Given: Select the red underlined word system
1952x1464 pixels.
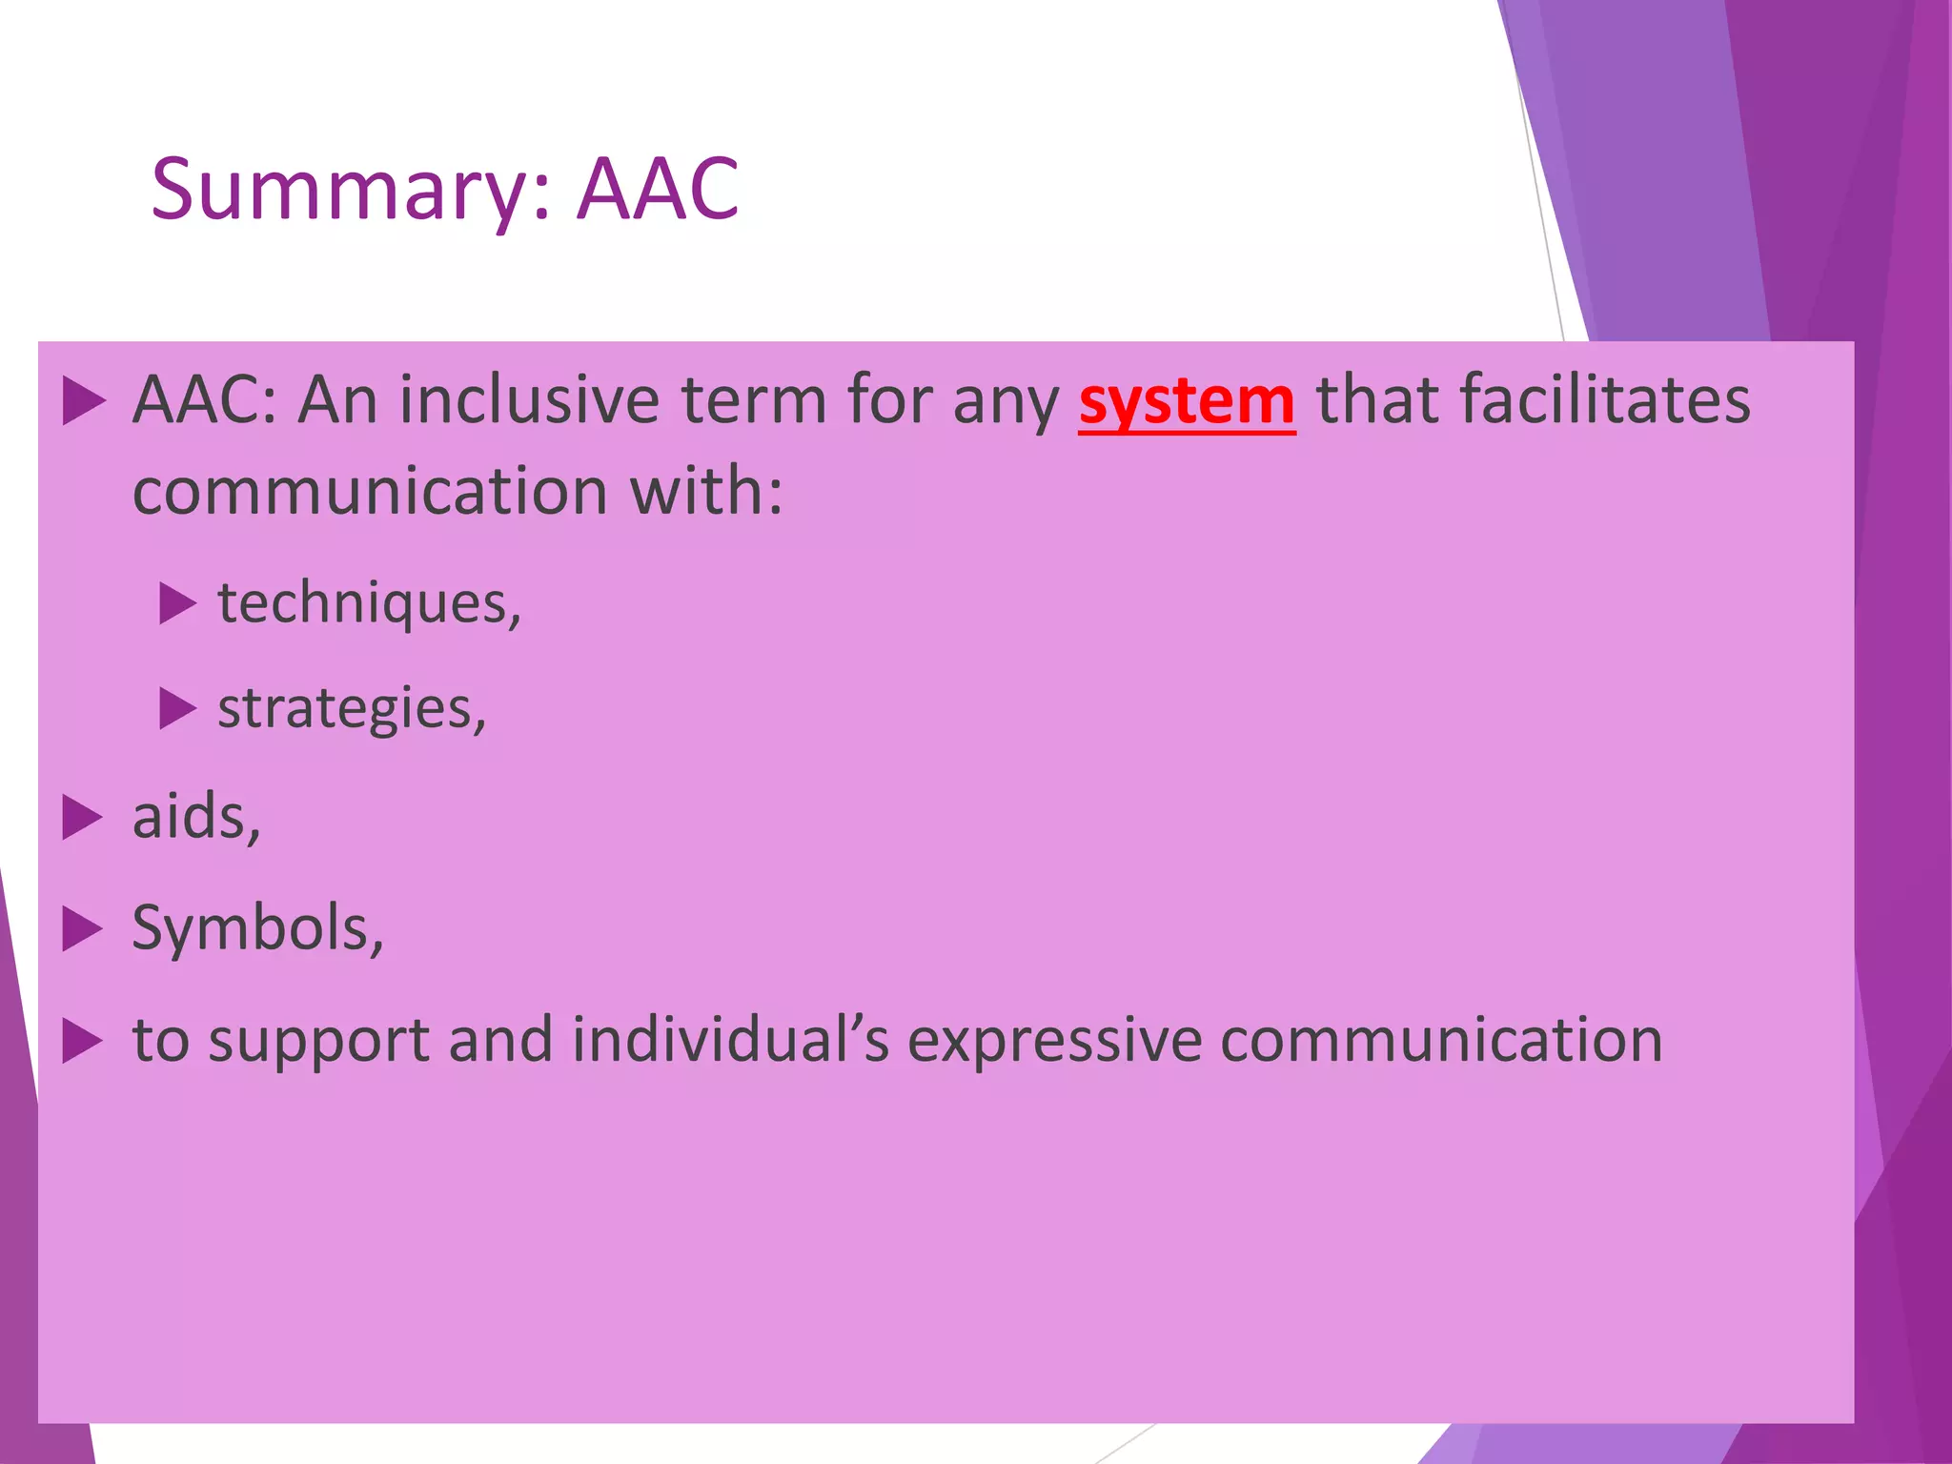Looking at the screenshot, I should pyautogui.click(x=1187, y=401).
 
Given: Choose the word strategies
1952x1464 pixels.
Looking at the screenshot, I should pyautogui.click(x=352, y=709).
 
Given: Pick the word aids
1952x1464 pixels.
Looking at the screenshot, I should pyautogui.click(x=195, y=818).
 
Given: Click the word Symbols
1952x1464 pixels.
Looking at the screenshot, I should pyautogui.click(x=257, y=927).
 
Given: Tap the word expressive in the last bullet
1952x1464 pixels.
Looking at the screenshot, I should pyautogui.click(x=1054, y=1040).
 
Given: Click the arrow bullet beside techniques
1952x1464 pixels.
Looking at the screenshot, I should pyautogui.click(x=177, y=603).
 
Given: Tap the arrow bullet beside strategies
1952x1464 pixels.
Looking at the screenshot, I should pyautogui.click(x=177, y=708).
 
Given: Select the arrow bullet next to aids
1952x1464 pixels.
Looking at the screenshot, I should pyautogui.click(x=83, y=818).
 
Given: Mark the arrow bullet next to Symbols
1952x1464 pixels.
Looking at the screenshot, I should pyautogui.click(x=83, y=927).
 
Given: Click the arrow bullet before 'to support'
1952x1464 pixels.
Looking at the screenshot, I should pyautogui.click(x=83, y=1040).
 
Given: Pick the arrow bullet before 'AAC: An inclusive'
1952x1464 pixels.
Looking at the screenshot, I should pyautogui.click(x=83, y=400).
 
